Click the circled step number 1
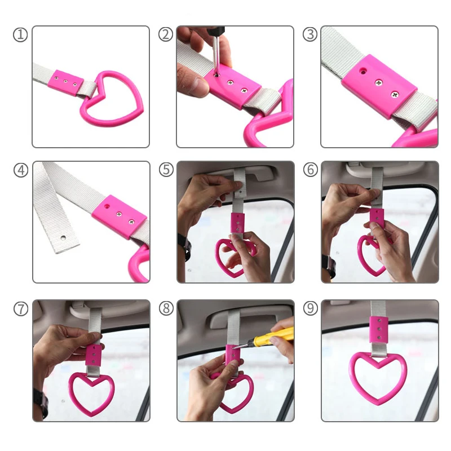point(20,35)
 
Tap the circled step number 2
point(166,34)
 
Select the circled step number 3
point(310,34)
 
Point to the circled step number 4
point(21,170)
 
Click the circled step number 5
point(166,169)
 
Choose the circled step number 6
point(311,169)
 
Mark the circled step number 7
point(21,309)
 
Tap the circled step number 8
point(166,308)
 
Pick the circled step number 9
point(311,308)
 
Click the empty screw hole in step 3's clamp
point(363,70)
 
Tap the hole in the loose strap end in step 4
point(63,238)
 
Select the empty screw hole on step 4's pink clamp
point(107,206)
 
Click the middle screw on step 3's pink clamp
point(379,83)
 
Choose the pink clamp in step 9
point(378,330)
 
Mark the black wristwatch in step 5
point(185,246)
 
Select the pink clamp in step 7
point(94,355)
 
